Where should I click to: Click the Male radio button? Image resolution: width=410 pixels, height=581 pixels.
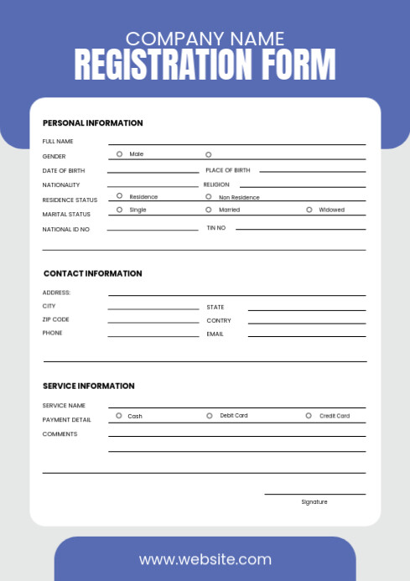[x=119, y=153]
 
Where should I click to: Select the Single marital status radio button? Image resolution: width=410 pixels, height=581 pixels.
[x=119, y=210]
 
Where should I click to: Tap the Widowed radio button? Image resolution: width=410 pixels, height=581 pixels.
[x=309, y=210]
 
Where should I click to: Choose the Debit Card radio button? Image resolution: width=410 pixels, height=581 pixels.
[x=210, y=415]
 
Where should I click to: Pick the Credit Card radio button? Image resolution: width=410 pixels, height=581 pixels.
[x=309, y=415]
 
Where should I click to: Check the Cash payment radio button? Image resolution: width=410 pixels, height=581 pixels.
[x=119, y=415]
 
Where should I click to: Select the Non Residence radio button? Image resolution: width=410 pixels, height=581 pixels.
[x=209, y=196]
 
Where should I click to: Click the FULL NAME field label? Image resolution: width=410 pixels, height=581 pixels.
[x=58, y=142]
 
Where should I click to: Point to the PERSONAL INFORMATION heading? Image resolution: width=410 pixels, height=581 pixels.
[x=92, y=123]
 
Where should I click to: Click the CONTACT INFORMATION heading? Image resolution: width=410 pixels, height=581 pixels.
[x=92, y=273]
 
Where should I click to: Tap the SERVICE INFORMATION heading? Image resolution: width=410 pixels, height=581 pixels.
[x=88, y=386]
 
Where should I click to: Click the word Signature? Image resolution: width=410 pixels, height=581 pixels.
[x=314, y=501]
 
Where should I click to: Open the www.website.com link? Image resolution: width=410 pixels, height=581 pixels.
[x=205, y=559]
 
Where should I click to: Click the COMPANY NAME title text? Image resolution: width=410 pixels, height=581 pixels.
[x=205, y=39]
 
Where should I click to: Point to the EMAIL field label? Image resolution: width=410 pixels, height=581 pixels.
[x=215, y=334]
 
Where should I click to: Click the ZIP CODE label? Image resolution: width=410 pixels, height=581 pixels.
[x=56, y=319]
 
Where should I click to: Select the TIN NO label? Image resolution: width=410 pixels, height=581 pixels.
[x=216, y=228]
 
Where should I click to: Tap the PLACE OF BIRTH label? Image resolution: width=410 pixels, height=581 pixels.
[x=227, y=170]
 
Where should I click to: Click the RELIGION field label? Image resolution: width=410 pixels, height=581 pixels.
[x=216, y=184]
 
